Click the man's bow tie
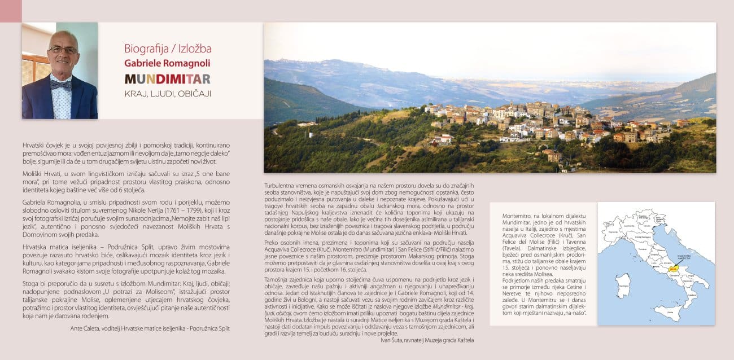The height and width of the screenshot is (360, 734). tap(60, 85)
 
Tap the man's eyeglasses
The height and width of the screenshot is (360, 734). tap(63, 50)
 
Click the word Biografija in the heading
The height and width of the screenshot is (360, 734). tap(145, 49)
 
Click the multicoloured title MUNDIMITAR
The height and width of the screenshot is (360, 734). tap(167, 78)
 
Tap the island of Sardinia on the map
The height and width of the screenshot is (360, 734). tap(623, 285)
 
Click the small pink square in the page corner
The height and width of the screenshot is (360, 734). tap(10, 11)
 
